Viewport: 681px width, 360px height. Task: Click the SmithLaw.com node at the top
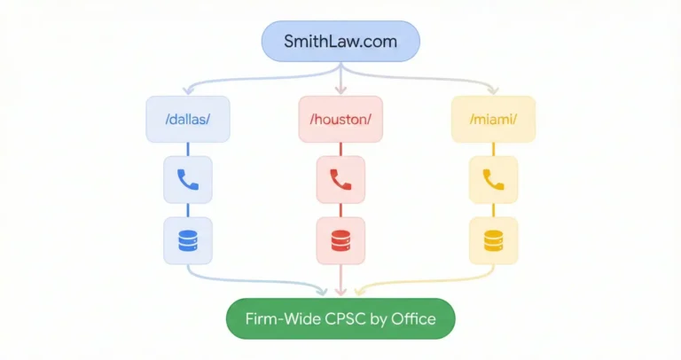[340, 41]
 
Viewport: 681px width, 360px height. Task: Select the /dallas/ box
[188, 118]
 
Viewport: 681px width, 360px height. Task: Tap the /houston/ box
[340, 118]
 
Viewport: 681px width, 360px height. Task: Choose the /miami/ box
[492, 118]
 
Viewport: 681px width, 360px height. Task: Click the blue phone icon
[188, 180]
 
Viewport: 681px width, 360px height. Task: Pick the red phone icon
[340, 180]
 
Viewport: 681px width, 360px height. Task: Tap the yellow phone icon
[492, 180]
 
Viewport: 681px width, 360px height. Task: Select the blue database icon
[188, 240]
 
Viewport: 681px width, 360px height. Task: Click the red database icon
[340, 240]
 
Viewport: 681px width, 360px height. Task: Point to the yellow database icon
[492, 240]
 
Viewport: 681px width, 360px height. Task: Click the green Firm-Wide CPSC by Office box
[340, 318]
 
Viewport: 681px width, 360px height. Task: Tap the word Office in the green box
[412, 318]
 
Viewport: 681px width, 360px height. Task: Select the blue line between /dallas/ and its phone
[188, 149]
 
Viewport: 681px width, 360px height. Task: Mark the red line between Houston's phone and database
[340, 210]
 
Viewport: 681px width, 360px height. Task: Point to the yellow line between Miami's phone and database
[492, 210]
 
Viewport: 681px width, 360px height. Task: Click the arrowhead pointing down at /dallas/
[188, 90]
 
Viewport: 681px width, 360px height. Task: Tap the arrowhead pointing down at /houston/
[340, 90]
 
